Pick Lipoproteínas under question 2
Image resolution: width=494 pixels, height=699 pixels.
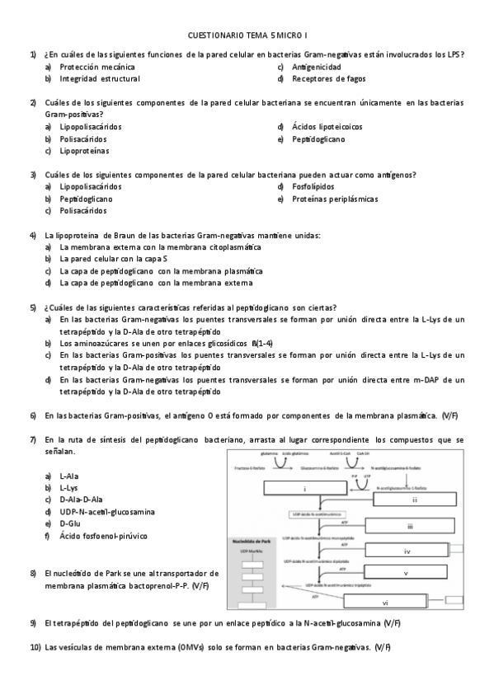86,152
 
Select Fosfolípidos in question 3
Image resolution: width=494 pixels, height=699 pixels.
313,187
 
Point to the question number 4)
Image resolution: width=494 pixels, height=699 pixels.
34,236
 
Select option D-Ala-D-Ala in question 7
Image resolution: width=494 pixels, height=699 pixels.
81,500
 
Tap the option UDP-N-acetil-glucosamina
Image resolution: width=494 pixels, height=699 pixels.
107,512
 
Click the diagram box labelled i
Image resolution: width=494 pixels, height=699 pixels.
304,490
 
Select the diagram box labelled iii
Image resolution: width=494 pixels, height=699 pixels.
409,525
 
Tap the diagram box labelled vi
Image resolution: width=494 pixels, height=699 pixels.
407,603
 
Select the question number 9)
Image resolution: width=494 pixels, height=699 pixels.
34,623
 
